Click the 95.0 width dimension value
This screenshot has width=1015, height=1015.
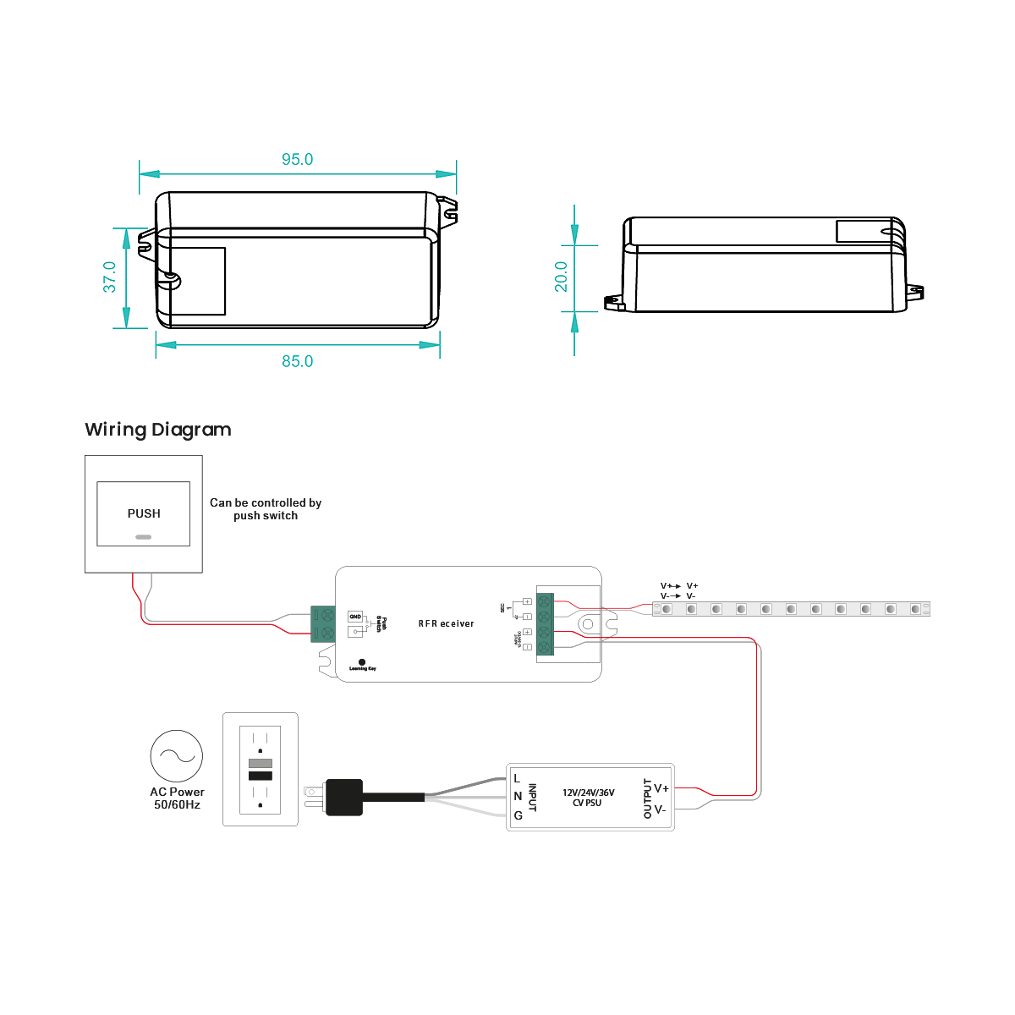297,160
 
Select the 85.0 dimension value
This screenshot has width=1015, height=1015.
297,361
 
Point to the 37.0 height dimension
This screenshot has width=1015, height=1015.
110,277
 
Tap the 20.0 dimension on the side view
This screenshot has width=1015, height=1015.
562,277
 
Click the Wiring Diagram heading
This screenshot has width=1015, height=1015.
158,430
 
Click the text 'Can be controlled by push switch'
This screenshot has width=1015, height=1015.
266,508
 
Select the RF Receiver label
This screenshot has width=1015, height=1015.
446,623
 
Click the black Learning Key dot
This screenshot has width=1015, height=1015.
362,661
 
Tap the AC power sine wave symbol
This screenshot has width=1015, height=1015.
177,756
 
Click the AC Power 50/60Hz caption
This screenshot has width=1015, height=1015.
177,798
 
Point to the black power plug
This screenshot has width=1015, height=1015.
343,797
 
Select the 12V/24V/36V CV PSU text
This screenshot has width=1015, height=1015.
588,798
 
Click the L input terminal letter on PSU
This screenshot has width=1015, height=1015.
517,778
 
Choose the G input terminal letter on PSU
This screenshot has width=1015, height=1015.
518,816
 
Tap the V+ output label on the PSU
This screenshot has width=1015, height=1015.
661,788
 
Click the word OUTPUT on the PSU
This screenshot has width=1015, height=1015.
648,798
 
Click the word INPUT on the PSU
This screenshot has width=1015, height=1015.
532,798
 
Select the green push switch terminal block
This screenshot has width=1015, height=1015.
323,624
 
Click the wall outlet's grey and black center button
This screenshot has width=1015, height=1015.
261,769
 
